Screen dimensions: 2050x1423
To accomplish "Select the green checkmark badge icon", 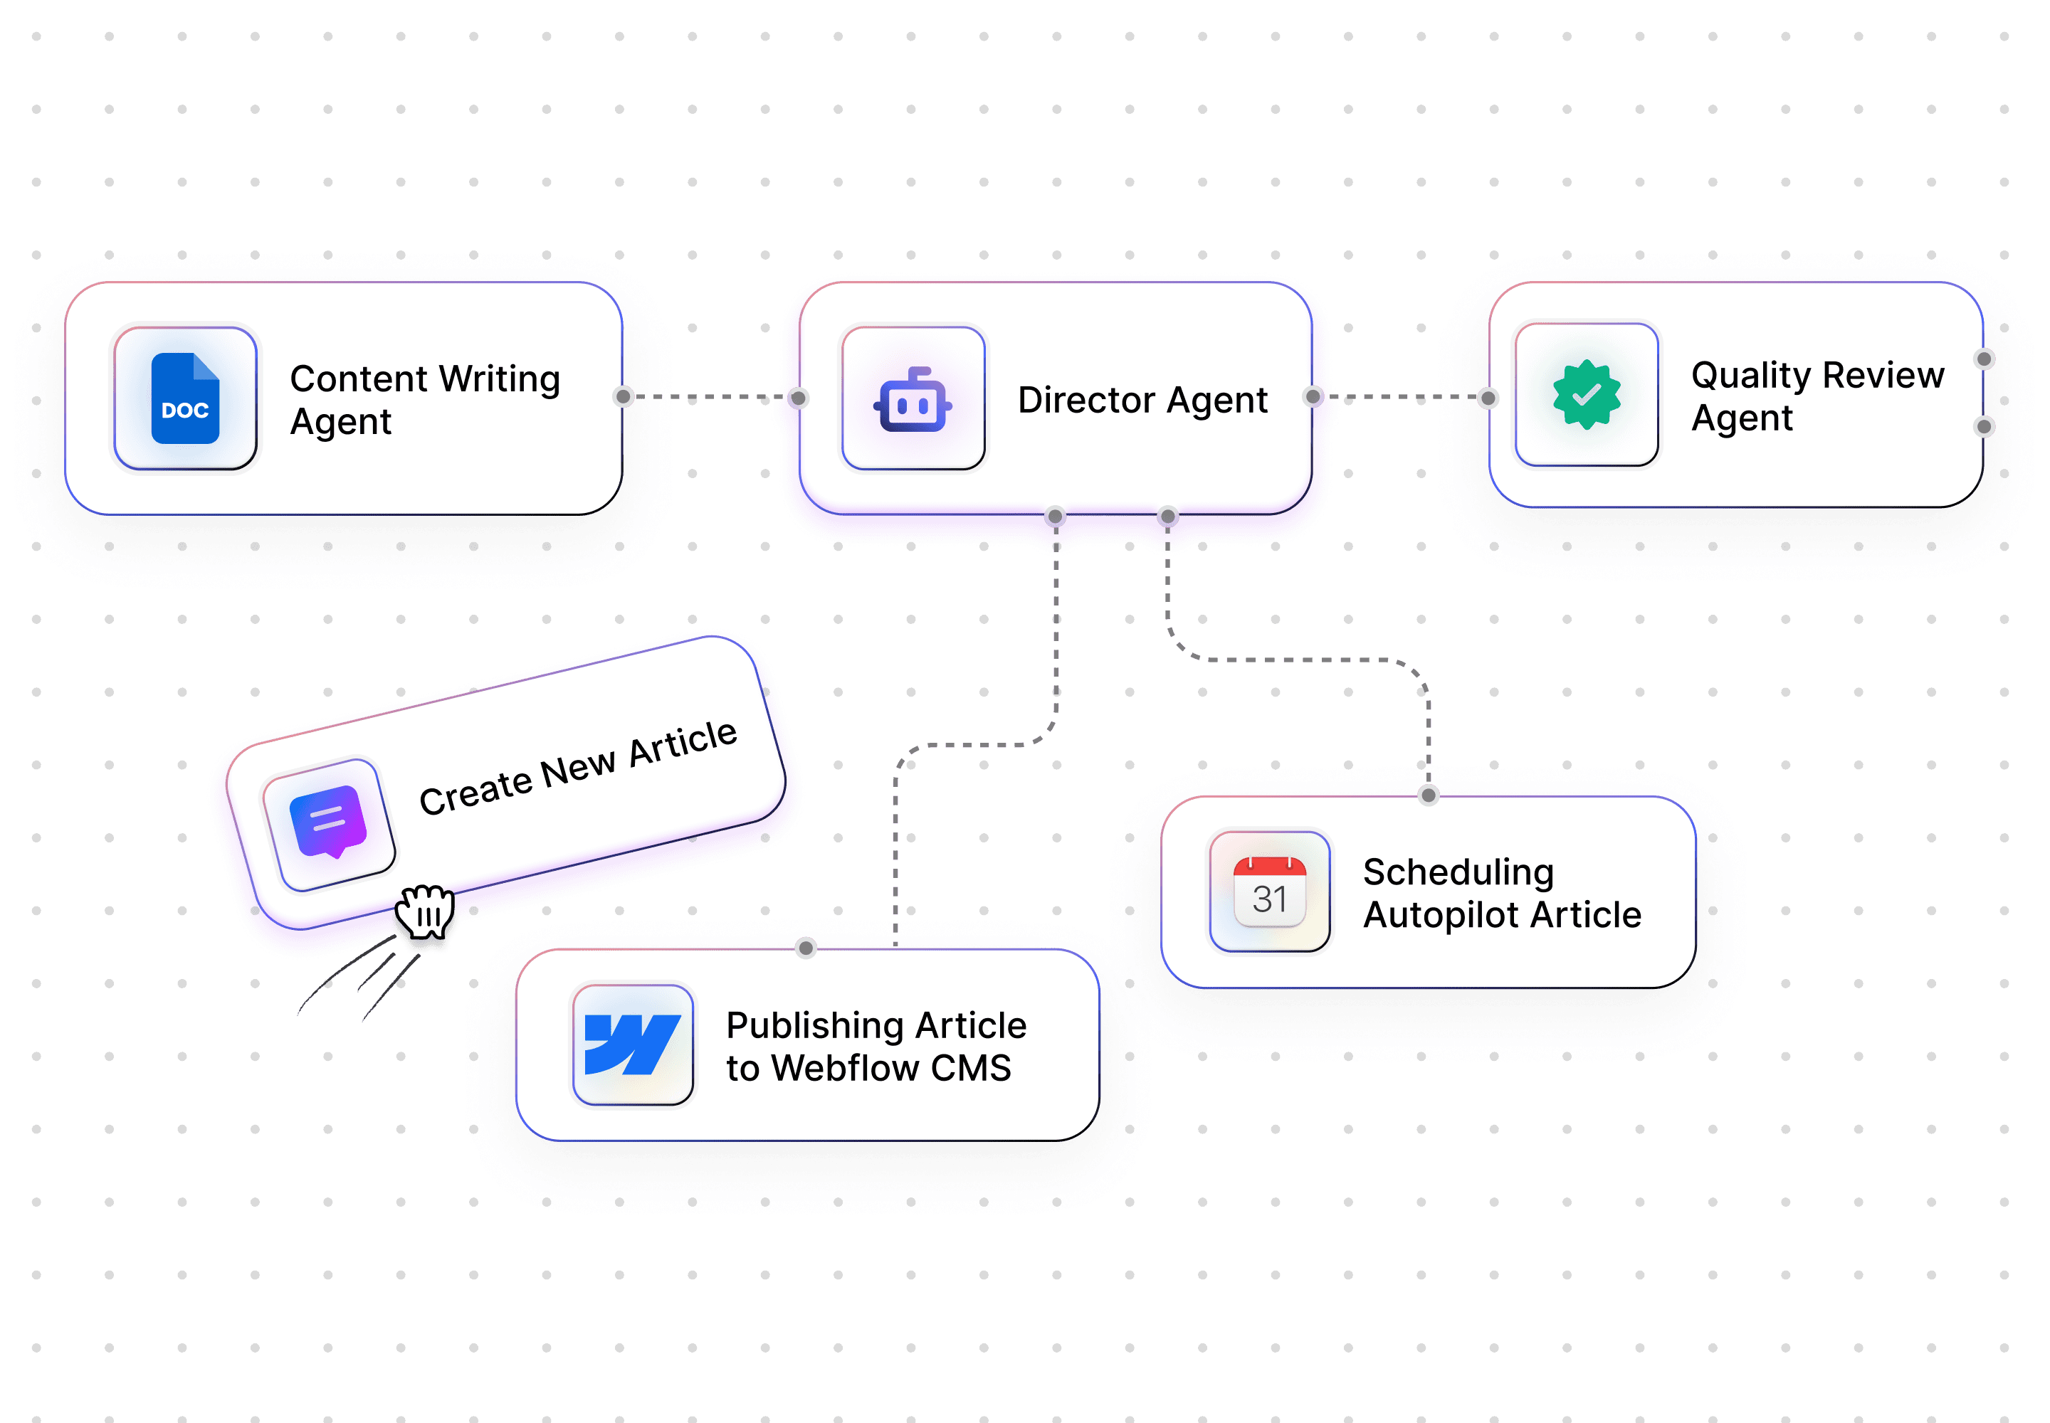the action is click(x=1586, y=394).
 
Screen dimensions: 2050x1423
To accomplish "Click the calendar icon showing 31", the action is click(x=1269, y=892).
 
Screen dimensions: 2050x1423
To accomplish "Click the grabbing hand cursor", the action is click(x=426, y=911).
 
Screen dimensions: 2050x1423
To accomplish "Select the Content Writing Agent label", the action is click(x=425, y=399).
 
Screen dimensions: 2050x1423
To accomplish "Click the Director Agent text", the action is click(x=1142, y=399).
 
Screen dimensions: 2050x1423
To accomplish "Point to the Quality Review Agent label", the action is click(x=1817, y=396).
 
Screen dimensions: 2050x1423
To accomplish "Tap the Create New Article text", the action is click(x=578, y=768).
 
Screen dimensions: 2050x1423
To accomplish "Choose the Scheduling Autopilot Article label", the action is click(x=1501, y=892).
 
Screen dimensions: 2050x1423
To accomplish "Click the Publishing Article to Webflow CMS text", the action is click(x=876, y=1046).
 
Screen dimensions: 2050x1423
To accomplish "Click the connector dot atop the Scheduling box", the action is click(x=1428, y=795).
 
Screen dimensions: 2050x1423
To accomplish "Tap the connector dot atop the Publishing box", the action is click(x=806, y=948).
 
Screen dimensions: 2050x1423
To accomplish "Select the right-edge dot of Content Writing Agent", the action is click(x=623, y=396).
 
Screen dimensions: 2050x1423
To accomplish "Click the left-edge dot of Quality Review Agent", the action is click(x=1487, y=398).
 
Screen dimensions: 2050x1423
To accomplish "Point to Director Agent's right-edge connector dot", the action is click(x=1313, y=396).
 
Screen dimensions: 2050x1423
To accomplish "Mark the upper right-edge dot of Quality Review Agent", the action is click(x=1984, y=359).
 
